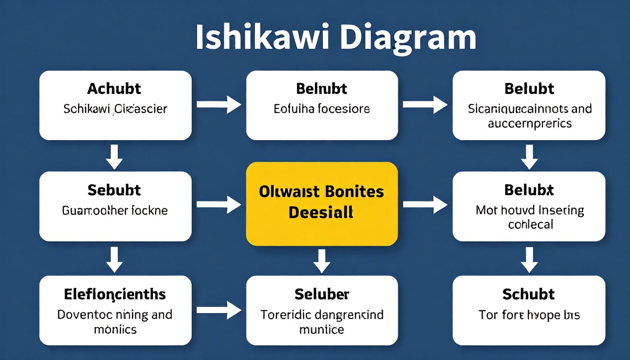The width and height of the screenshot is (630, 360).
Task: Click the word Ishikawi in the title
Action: [262, 37]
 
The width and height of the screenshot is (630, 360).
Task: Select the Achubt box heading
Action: [114, 89]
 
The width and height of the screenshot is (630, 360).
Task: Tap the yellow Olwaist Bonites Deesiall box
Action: [322, 204]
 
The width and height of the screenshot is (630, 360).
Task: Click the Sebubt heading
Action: [114, 190]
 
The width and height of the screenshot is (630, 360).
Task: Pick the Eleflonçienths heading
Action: [115, 294]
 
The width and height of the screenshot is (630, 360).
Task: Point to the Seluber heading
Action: [322, 294]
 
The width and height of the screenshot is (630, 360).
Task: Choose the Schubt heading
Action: [528, 294]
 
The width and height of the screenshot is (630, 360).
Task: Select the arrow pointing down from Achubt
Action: [115, 156]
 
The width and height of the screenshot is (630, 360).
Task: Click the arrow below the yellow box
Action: [322, 261]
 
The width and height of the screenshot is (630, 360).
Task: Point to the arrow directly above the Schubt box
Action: [529, 259]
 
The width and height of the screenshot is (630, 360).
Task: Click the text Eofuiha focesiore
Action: [322, 109]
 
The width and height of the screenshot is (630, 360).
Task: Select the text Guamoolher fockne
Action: [115, 211]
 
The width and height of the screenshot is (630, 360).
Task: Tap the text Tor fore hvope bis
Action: [529, 315]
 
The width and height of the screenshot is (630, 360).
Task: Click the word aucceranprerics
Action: [529, 124]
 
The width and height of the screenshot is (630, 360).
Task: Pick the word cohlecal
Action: [531, 224]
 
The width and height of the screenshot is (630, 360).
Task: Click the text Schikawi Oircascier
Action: [115, 109]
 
